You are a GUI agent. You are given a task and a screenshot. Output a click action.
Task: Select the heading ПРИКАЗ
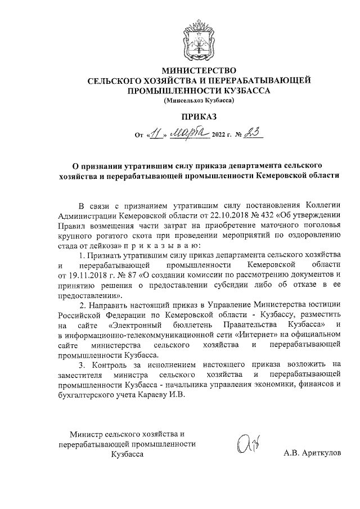pyautogui.click(x=197, y=118)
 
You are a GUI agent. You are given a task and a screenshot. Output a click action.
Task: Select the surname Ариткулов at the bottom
pyautogui.click(x=322, y=453)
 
